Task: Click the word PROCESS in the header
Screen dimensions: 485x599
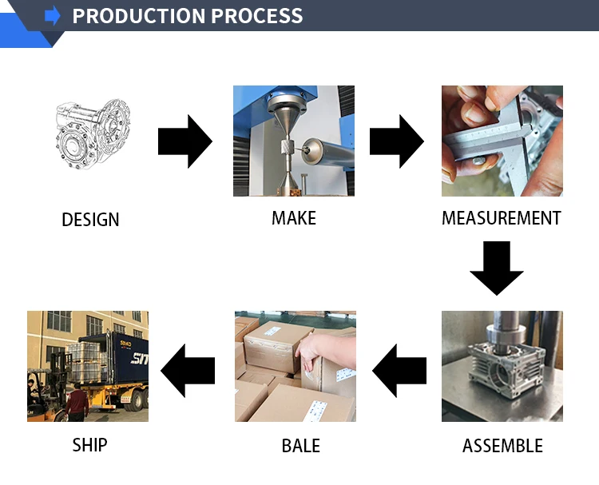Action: click(252, 15)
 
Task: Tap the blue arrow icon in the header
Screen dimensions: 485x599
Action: click(53, 15)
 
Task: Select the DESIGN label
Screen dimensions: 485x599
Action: click(90, 220)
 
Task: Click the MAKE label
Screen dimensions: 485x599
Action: click(294, 218)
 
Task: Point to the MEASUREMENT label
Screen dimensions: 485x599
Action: click(502, 218)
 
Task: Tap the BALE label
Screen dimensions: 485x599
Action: click(300, 446)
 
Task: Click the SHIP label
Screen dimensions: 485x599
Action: click(89, 444)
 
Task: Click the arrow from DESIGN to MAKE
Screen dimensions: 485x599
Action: click(184, 142)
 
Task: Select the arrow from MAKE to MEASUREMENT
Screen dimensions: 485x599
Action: click(396, 142)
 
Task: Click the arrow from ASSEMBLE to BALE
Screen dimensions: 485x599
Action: click(399, 371)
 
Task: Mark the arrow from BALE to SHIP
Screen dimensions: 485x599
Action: click(188, 371)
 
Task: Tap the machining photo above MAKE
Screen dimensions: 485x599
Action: click(294, 141)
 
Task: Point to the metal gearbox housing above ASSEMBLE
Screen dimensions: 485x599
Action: click(499, 376)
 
